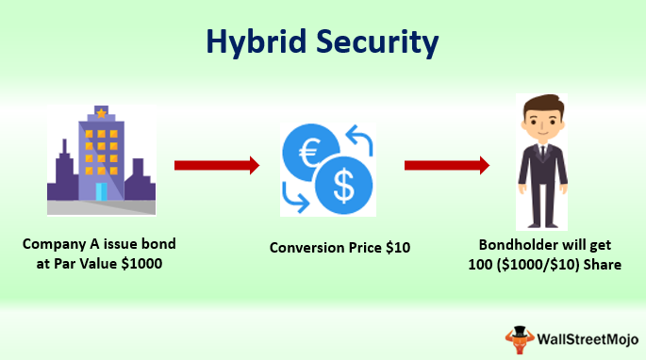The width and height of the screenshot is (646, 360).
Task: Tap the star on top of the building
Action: pyautogui.click(x=101, y=113)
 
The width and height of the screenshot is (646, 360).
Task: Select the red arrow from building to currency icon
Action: pyautogui.click(x=216, y=166)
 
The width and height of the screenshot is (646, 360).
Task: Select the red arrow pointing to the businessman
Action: pyautogui.click(x=446, y=166)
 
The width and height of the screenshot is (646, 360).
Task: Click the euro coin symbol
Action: pyautogui.click(x=309, y=153)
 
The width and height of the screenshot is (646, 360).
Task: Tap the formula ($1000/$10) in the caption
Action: pyautogui.click(x=549, y=265)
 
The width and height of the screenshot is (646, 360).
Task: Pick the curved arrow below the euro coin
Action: pyautogui.click(x=294, y=197)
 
